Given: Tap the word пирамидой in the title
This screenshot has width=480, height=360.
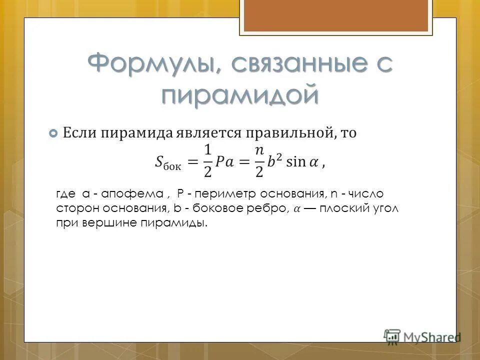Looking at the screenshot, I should tap(239, 94).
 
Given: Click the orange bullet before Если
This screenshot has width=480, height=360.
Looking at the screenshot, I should tap(53, 133).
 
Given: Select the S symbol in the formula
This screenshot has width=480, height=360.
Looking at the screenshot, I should tap(159, 161).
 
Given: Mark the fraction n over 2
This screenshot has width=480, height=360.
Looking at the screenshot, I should tap(259, 161).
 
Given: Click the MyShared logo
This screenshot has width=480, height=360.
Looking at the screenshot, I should tap(422, 335).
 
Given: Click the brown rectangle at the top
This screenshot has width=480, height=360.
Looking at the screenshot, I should tap(335, 15).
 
